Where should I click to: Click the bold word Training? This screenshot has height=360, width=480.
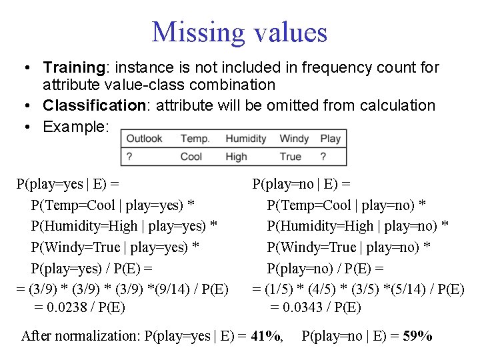tap(72, 67)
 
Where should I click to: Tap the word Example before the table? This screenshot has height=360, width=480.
tap(72, 126)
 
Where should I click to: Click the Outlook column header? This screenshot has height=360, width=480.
tap(144, 139)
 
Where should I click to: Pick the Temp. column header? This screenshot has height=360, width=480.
tap(195, 139)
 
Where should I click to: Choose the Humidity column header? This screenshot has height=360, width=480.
tap(245, 139)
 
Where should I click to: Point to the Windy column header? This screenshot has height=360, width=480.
tap(294, 139)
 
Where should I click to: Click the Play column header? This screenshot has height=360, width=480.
tap(330, 139)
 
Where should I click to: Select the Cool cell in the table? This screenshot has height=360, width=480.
tap(191, 157)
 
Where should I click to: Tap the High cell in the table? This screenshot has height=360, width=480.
tap(236, 157)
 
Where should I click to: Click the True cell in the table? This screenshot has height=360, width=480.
tap(291, 157)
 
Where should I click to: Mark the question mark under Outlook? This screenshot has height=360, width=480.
tap(129, 157)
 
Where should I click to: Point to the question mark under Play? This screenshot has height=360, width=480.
tap(323, 157)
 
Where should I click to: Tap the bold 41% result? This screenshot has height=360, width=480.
tap(265, 336)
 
